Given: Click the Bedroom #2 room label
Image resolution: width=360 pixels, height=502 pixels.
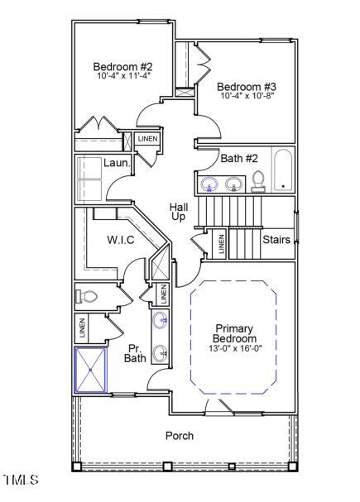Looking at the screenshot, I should tap(122, 67).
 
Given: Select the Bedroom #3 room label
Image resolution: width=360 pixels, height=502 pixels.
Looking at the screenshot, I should tap(247, 86).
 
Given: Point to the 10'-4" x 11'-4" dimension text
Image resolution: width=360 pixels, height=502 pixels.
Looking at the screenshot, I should tap(122, 76).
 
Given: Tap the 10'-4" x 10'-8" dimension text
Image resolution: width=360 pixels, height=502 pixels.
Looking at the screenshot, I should tap(247, 96).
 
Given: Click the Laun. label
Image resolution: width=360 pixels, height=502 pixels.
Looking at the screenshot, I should tap(117, 163).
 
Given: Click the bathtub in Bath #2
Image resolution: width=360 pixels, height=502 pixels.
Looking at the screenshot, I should tap(283, 171).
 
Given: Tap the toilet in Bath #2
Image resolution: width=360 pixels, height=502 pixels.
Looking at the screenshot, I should tap(258, 181).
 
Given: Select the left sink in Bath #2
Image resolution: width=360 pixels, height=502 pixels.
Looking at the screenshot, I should tap(209, 184).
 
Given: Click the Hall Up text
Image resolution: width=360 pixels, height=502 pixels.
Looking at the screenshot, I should tap(179, 211).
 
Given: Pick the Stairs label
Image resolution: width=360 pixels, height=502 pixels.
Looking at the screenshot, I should tap(276, 240).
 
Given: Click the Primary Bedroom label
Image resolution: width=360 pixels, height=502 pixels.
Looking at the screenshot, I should tap(235, 333).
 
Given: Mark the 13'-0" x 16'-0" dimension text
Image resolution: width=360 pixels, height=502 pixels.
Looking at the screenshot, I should tap(235, 349).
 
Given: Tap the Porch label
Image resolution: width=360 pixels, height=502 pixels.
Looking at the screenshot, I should tap(180, 435).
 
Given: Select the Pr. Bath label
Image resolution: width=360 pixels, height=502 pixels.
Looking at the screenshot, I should tap(136, 353).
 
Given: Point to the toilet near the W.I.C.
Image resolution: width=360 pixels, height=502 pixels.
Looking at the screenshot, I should tap(89, 295).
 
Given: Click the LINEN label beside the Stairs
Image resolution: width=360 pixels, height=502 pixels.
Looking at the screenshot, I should tap(221, 243).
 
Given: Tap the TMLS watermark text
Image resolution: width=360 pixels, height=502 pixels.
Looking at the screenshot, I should tap(21, 480).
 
